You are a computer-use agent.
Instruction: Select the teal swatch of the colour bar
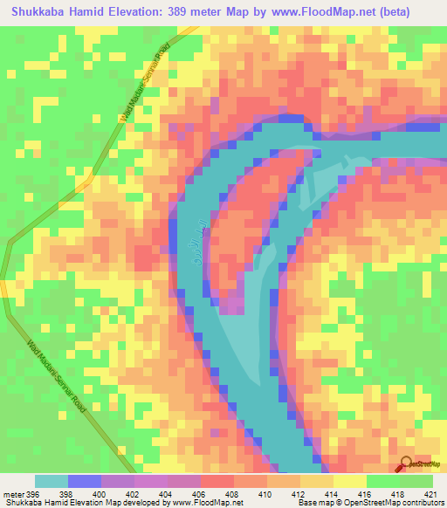[52, 481]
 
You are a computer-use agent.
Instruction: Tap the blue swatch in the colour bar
[85, 481]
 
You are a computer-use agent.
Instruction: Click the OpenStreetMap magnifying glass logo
[407, 464]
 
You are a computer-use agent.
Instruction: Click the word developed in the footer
[150, 503]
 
